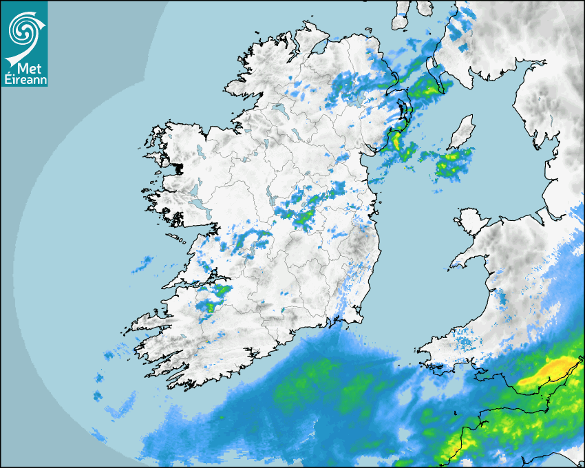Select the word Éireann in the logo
point(24,80)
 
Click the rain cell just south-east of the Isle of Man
point(454,162)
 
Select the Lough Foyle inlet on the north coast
point(318,48)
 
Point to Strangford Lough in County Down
point(405,111)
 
